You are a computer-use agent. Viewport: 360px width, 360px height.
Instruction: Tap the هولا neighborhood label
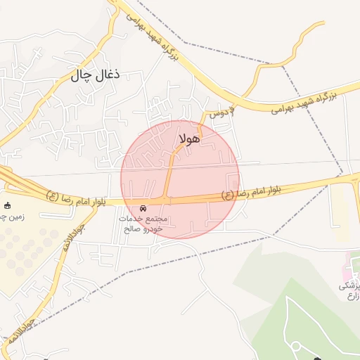tap(190, 139)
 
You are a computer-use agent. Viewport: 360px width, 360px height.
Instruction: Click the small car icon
tap(143, 209)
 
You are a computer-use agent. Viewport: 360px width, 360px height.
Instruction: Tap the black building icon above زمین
tap(8, 205)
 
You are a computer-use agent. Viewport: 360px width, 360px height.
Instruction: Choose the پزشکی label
tap(349, 285)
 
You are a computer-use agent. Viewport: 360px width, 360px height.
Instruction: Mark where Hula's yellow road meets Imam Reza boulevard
tap(167, 200)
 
